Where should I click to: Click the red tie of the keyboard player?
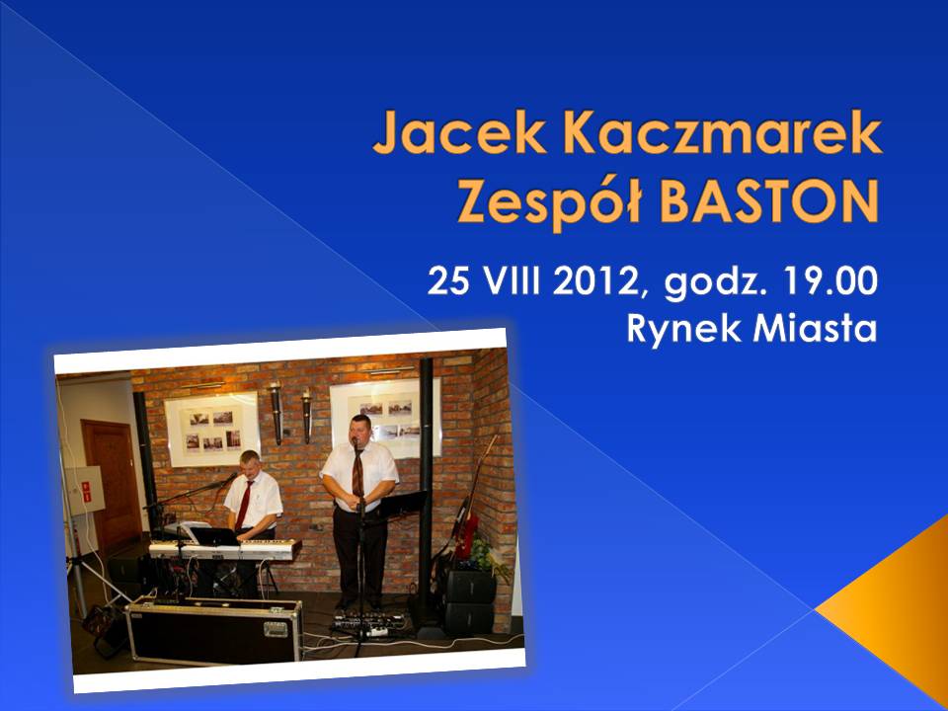pyautogui.click(x=244, y=505)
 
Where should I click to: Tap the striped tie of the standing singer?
pyautogui.click(x=357, y=472)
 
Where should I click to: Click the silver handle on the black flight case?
pyautogui.click(x=276, y=629)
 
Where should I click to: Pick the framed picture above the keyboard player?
pyautogui.click(x=212, y=430)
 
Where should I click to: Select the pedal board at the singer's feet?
pyautogui.click(x=368, y=623)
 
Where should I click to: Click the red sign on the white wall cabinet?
pyautogui.click(x=87, y=492)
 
